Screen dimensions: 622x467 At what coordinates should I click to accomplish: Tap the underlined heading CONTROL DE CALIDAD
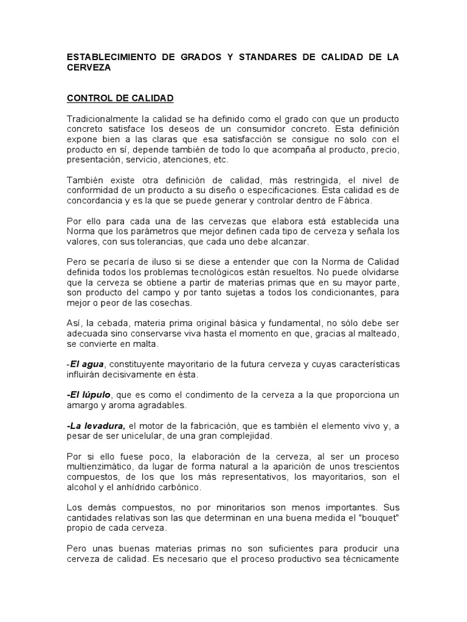[x=120, y=98]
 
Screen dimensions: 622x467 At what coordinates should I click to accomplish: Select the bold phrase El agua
[x=88, y=364]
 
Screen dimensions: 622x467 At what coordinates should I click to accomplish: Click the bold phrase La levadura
[x=97, y=426]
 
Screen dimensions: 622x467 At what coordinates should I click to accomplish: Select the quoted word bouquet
[x=381, y=518]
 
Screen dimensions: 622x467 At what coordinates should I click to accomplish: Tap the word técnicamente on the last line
[x=372, y=559]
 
